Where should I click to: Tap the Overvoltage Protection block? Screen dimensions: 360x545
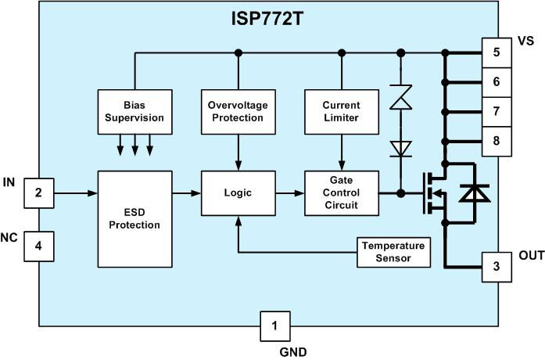(x=236, y=111)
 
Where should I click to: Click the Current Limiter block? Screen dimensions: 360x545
(x=340, y=111)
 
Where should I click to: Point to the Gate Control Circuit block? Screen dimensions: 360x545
(x=340, y=192)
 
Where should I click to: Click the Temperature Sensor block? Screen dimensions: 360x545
(x=394, y=251)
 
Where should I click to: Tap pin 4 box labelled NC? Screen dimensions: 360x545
(x=38, y=247)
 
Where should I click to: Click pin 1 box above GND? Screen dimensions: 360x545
(x=274, y=326)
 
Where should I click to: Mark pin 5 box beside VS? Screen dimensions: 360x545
(x=497, y=52)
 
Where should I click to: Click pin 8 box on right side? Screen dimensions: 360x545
(x=497, y=141)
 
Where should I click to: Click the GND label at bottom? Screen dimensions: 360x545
(x=293, y=351)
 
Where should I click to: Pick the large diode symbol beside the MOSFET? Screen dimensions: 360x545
(x=471, y=193)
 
